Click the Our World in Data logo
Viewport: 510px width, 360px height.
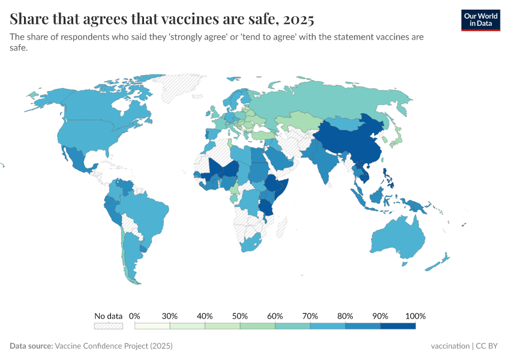click(x=480, y=20)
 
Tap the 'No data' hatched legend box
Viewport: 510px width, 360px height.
click(x=108, y=326)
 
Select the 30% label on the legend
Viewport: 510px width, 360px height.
click(x=170, y=316)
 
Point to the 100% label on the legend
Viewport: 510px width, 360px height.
click(x=415, y=316)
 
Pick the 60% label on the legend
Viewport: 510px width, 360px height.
click(x=275, y=316)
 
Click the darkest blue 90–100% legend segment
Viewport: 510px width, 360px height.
click(x=398, y=326)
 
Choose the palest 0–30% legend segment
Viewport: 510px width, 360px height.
click(x=152, y=326)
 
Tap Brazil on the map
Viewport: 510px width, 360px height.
click(x=147, y=213)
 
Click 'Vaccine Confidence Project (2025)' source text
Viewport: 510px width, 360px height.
click(x=113, y=346)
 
